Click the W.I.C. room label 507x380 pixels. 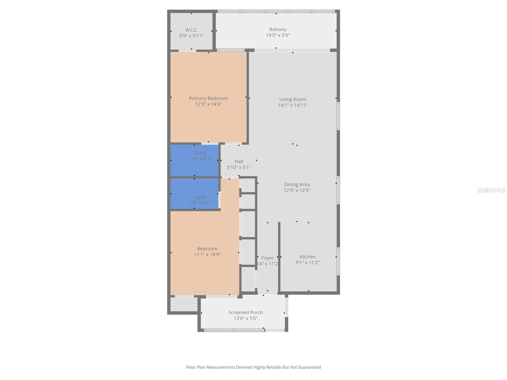191,30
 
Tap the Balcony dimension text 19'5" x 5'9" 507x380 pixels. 278,35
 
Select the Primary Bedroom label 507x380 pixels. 208,98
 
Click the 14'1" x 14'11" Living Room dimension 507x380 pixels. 292,105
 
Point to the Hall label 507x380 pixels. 239,161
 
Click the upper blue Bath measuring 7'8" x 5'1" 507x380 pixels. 194,160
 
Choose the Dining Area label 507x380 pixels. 297,184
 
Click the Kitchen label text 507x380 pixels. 307,257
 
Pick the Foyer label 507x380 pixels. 267,258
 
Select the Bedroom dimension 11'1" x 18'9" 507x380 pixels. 207,255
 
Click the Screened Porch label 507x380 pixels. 246,313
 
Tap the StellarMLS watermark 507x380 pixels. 491,190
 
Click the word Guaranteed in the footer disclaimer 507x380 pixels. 308,367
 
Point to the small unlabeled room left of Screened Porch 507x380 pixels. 184,304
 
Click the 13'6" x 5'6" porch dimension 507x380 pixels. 246,319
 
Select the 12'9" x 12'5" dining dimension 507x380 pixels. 297,190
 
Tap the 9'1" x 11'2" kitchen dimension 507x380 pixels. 307,263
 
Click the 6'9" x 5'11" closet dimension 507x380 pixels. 191,36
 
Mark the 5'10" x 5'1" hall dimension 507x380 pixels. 239,168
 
